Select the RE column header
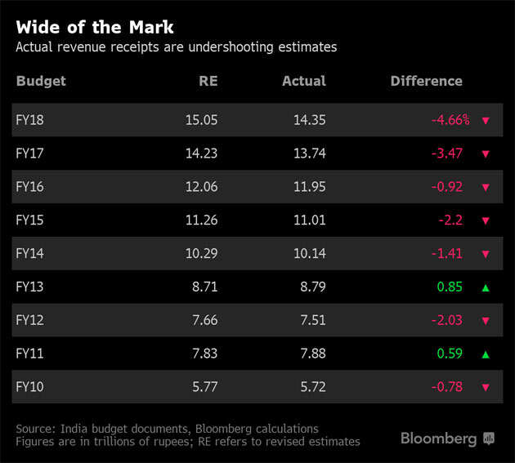coord(208,81)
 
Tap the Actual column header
coord(303,81)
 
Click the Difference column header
coord(426,81)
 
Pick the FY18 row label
coord(29,119)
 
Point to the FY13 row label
coord(29,287)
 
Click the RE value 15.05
coord(201,119)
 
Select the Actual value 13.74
coord(309,153)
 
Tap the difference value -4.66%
coord(450,119)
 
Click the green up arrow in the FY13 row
coord(486,287)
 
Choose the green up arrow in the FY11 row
coord(486,354)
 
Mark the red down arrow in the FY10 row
coord(486,388)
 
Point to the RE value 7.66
coord(204,320)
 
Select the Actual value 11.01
coord(309,220)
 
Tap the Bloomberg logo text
coord(438,439)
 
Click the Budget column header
coord(40,81)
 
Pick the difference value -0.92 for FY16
coord(448,186)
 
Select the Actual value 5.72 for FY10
coord(312,387)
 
